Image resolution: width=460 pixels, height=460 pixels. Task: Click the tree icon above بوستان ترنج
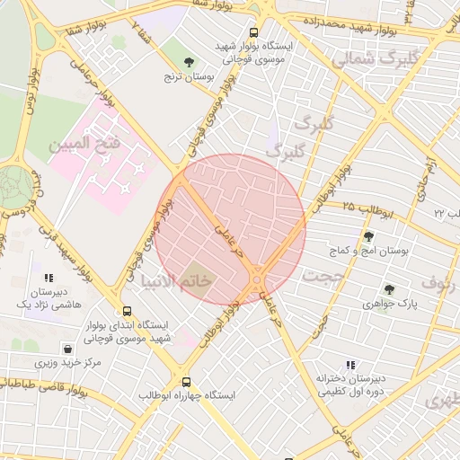pos(188,62)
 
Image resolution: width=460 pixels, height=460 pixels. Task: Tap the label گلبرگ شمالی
pos(374,59)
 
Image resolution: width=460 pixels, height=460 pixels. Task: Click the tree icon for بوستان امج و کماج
pos(368,236)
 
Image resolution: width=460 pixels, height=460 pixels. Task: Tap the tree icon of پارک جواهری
pos(389,289)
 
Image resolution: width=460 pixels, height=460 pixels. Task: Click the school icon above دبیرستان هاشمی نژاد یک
pos(49,279)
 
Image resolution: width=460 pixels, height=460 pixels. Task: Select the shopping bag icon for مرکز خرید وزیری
pos(67,349)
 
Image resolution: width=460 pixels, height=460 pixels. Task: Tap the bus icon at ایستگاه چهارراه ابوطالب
pos(186,382)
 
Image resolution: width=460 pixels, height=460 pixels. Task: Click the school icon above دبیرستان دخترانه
pos(350,365)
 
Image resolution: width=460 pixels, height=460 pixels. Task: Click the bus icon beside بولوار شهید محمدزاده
pos(255,31)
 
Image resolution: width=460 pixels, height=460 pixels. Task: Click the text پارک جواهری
pos(390,305)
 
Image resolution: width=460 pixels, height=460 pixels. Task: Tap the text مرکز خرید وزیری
pos(68,364)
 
